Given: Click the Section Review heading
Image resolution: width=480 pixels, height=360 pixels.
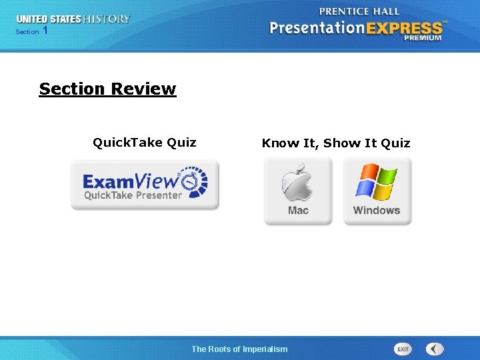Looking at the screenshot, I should click(x=107, y=89).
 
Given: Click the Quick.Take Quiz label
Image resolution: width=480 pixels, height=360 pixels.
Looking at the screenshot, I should click(x=144, y=142).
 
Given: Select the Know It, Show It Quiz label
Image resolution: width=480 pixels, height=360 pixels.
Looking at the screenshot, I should click(x=336, y=143).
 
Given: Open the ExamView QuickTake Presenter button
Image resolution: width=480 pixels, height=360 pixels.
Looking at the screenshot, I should click(x=145, y=185).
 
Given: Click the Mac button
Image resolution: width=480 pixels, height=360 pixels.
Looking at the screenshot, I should click(x=298, y=191).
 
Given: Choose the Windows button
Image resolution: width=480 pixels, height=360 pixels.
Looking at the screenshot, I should click(x=377, y=191).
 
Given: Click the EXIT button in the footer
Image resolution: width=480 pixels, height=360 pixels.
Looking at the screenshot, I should click(x=403, y=349).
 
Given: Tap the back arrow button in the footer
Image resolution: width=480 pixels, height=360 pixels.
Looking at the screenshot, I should click(x=435, y=349).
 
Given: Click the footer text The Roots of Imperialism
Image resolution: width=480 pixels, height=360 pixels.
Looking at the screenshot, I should click(x=239, y=349).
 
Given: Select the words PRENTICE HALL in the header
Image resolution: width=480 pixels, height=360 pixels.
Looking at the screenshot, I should click(x=359, y=11).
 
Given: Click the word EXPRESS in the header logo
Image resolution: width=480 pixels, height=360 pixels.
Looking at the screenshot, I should click(x=409, y=28).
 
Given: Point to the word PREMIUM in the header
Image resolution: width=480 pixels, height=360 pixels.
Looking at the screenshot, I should click(x=422, y=38).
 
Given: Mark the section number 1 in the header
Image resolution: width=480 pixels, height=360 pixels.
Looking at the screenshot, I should click(x=45, y=31).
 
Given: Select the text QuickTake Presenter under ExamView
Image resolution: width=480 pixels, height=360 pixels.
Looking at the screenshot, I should click(x=133, y=195).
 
